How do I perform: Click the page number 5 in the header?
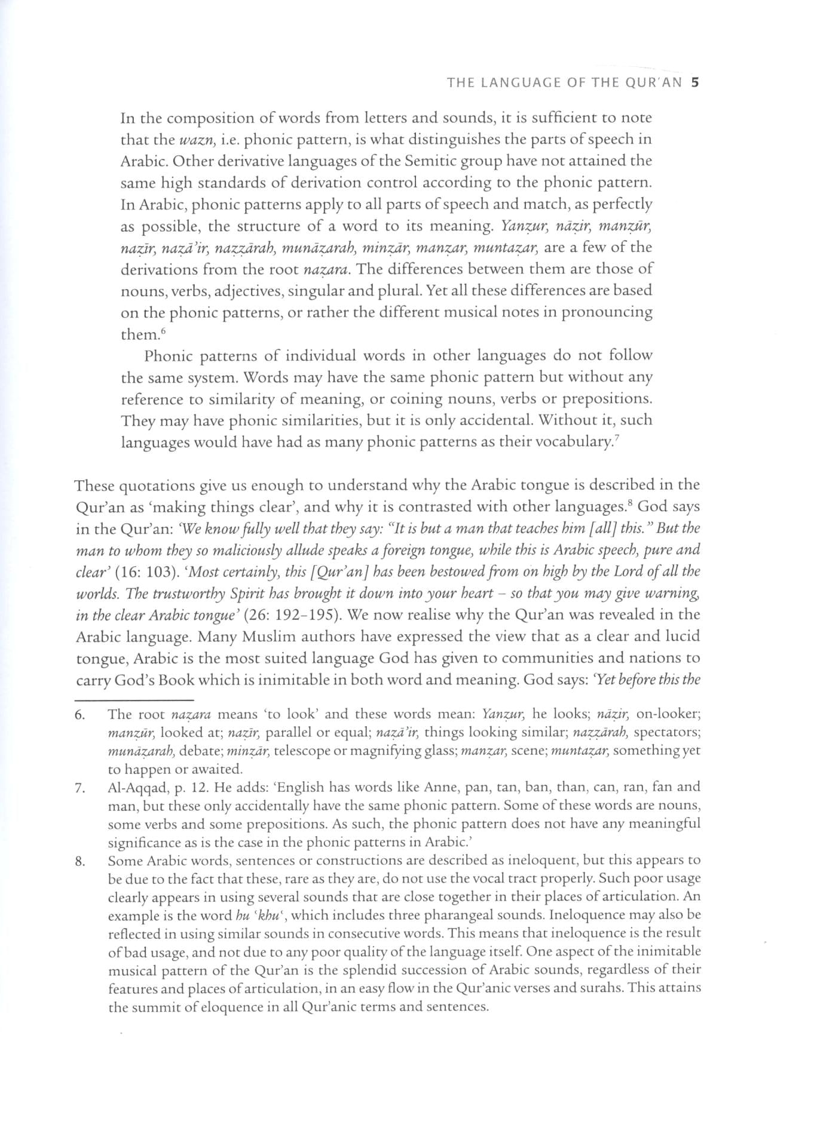click(x=695, y=83)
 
